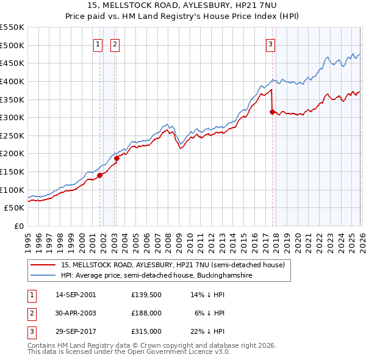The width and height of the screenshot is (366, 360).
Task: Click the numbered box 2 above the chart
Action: [115, 43]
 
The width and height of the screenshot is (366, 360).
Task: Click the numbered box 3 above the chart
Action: [270, 43]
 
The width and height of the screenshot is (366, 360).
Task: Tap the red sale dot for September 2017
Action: [272, 112]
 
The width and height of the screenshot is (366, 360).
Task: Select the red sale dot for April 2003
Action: [117, 158]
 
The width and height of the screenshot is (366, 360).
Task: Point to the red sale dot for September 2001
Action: [99, 176]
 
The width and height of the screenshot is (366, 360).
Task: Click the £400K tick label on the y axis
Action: [12, 81]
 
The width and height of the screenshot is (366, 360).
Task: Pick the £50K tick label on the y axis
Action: [13, 208]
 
